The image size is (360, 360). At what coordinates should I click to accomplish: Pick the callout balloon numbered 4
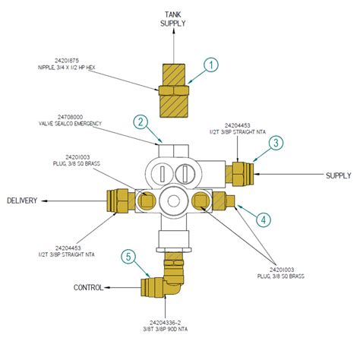262,219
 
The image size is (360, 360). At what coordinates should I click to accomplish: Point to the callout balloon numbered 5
131,257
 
